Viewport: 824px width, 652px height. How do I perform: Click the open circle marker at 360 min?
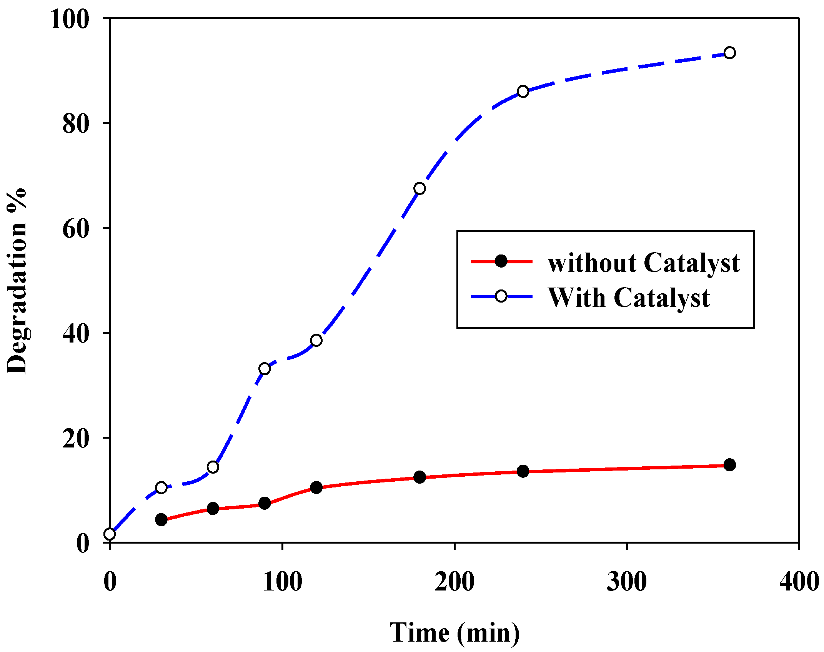(729, 53)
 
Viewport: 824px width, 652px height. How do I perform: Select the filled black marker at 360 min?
(729, 465)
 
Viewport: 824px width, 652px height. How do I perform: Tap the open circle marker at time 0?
(110, 534)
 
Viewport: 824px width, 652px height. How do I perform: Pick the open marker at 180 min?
(419, 188)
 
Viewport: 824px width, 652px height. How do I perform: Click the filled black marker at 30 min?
(161, 520)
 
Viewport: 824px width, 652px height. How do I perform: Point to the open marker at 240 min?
(523, 91)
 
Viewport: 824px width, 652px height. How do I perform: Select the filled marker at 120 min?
(316, 488)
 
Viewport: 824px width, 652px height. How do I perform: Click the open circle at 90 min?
(265, 369)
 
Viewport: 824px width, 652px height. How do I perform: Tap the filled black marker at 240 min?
(523, 471)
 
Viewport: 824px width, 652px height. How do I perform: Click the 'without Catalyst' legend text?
(644, 263)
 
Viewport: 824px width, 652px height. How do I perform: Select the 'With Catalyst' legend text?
(629, 298)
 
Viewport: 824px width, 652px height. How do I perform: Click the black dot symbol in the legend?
(501, 261)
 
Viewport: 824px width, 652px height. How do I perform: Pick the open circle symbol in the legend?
(501, 296)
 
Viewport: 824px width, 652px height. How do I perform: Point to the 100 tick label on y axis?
(70, 19)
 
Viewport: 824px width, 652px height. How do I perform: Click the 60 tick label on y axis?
(76, 229)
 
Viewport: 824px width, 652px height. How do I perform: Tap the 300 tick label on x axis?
(627, 581)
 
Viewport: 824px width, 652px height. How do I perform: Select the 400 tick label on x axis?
(799, 581)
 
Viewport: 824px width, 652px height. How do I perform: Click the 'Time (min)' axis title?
(454, 632)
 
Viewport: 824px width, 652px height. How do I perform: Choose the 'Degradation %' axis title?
(17, 281)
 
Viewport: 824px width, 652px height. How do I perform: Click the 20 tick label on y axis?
(76, 439)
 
